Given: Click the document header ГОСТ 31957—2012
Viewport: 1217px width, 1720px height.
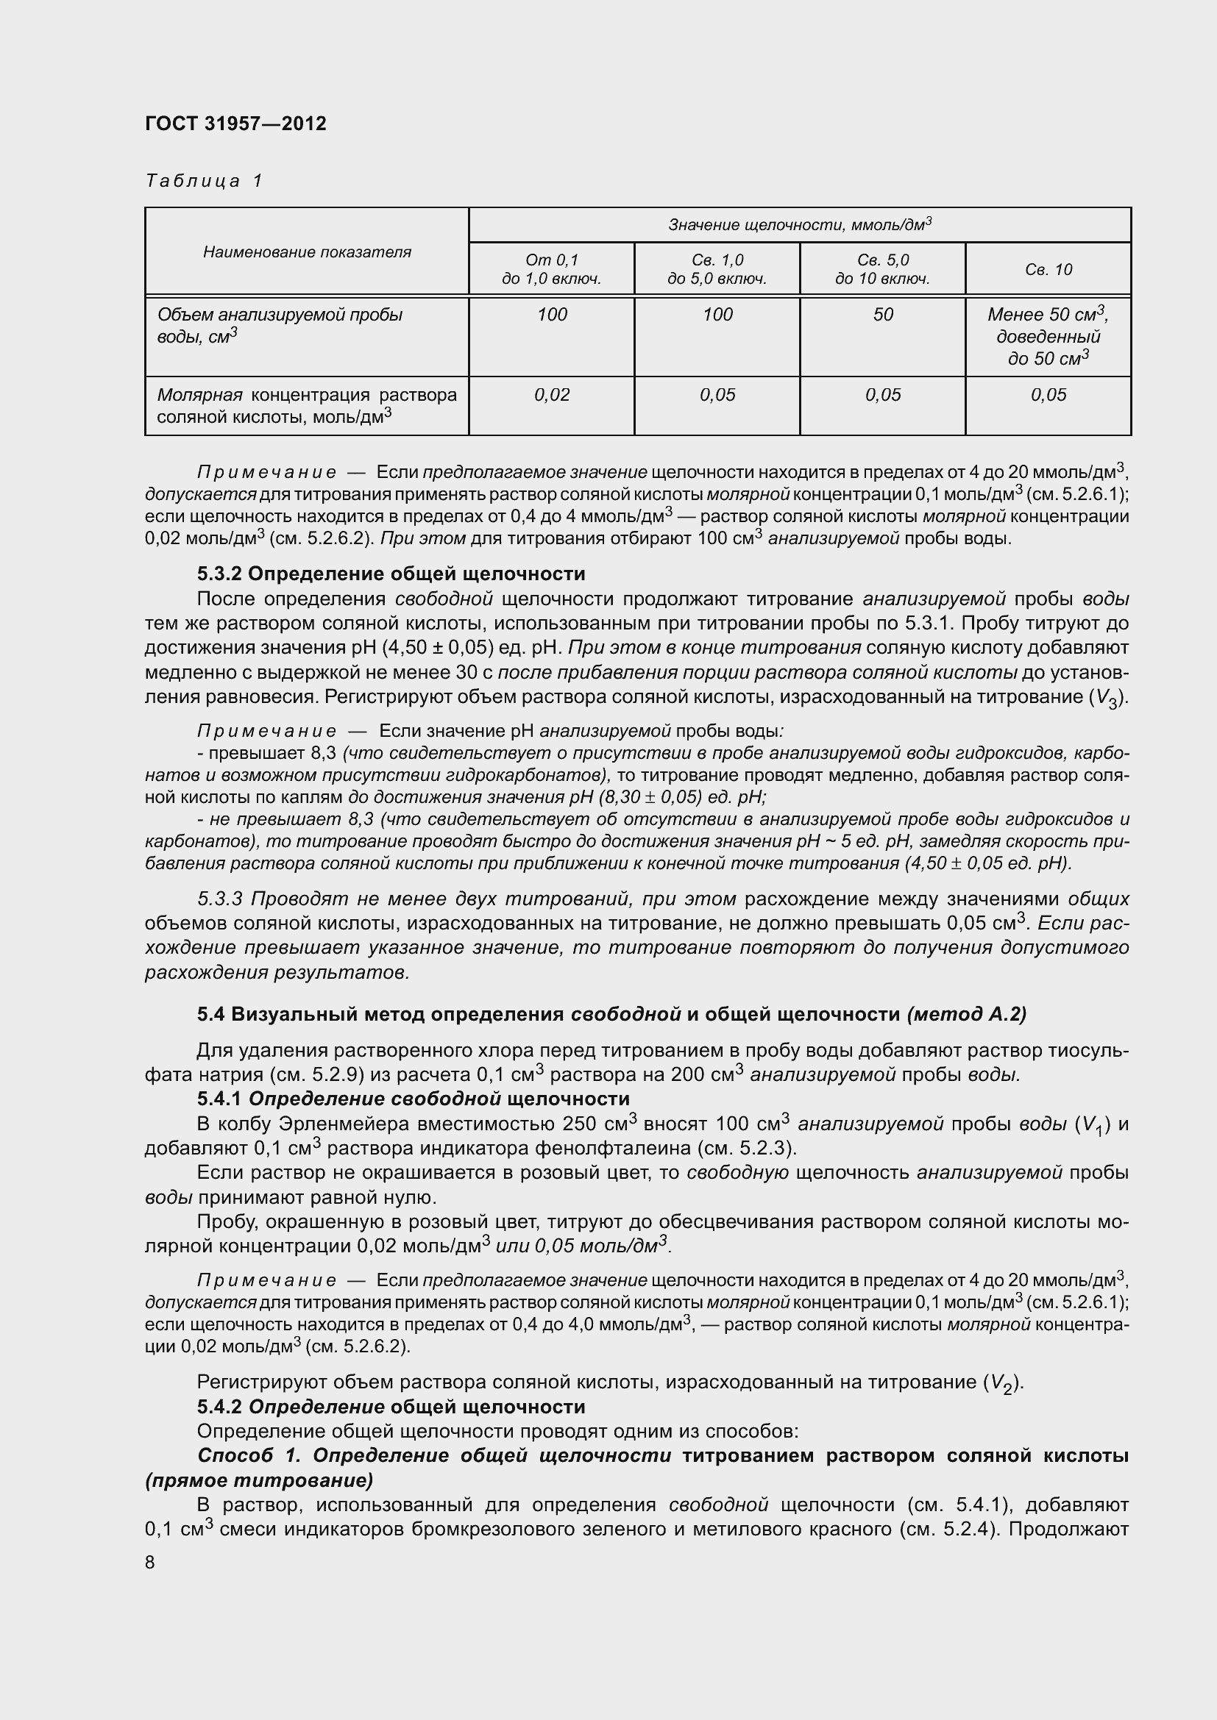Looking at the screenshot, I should pos(236,124).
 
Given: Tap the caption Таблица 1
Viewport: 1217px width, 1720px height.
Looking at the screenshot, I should pos(204,181).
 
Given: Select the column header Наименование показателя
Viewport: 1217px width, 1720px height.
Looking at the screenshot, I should pos(307,251).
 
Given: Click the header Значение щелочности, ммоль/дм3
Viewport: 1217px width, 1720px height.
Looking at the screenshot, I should pos(800,225).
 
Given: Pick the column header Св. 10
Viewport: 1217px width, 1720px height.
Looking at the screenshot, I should pos(1048,270).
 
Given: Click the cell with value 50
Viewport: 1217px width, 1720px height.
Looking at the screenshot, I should pos(883,315).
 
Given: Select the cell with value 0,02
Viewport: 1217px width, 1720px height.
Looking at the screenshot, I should pos(552,395).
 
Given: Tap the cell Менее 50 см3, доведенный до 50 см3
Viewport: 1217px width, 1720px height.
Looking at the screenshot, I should pos(1048,336).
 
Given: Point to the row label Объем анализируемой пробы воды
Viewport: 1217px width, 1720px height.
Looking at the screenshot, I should pos(280,325).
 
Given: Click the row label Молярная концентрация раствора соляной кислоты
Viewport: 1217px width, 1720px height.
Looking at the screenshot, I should pos(307,405).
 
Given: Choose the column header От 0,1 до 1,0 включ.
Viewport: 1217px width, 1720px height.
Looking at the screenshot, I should pos(552,270).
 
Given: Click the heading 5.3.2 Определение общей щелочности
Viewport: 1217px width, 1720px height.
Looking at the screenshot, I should pos(391,574).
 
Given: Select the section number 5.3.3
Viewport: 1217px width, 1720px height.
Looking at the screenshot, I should pos(220,898).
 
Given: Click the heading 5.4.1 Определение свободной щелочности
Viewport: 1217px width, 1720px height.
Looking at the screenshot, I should pos(413,1098).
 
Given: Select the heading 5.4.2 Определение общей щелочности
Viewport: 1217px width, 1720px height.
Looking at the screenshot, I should pos(391,1406).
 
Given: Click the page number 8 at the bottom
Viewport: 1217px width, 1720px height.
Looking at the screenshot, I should pos(150,1562).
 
